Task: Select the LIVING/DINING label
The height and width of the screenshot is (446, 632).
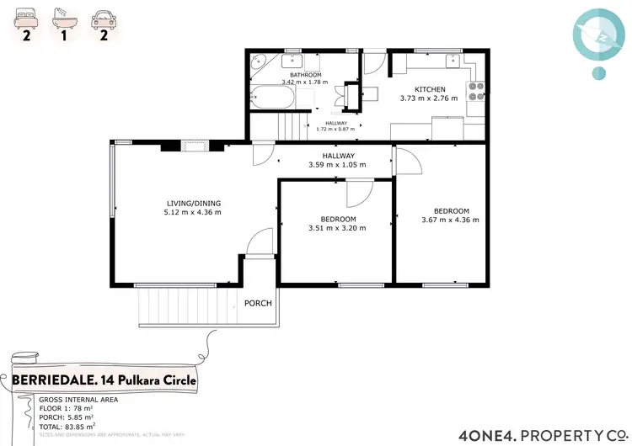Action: pos(193,202)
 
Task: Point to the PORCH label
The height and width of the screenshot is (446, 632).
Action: pos(258,303)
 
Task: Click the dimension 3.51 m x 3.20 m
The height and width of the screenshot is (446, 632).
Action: pos(337,228)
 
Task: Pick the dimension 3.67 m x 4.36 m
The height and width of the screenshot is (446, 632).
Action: pos(450,220)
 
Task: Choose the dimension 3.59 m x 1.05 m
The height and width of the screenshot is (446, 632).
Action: pos(338,165)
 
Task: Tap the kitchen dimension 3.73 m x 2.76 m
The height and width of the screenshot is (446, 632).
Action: pos(428,98)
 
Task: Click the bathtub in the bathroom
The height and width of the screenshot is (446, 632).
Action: pos(272,99)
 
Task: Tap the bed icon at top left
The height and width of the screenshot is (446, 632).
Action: pos(26,16)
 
